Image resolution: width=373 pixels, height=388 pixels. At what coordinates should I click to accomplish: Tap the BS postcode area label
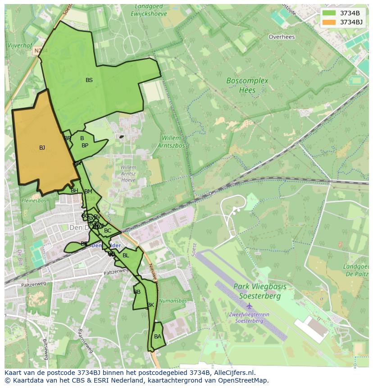coord(89,80)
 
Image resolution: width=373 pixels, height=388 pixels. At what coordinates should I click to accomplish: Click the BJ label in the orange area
coord(42,148)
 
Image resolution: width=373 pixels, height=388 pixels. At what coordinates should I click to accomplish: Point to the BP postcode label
coord(85,146)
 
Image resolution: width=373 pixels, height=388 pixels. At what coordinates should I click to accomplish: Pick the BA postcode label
coord(158,337)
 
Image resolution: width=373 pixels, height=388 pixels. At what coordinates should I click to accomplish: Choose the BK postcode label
coord(150,305)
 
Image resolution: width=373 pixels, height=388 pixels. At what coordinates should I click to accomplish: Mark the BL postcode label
coord(126,256)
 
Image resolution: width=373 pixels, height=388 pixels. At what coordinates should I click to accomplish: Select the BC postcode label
coord(108,231)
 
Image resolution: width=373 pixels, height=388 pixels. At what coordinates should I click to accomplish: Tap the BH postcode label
coord(74,191)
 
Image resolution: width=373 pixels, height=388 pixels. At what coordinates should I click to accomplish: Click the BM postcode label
coord(88,192)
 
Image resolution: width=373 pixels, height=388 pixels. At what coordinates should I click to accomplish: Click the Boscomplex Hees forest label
coord(247,85)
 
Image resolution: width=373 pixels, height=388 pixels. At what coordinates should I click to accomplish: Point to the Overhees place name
coord(282,37)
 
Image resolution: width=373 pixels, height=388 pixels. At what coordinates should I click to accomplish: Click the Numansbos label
coord(173,301)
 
